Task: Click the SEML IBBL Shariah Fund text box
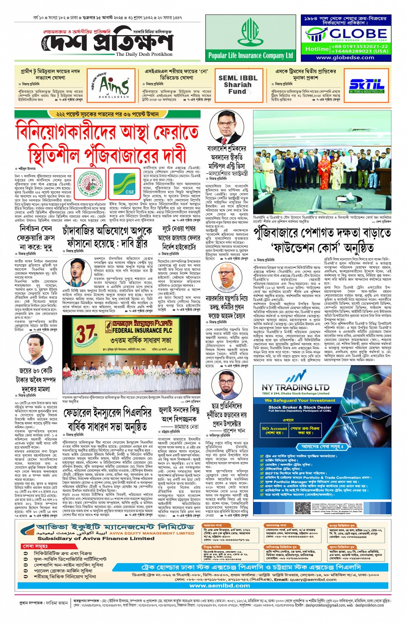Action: [238, 85]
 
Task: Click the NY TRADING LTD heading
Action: [296, 387]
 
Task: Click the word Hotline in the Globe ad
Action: [317, 49]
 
